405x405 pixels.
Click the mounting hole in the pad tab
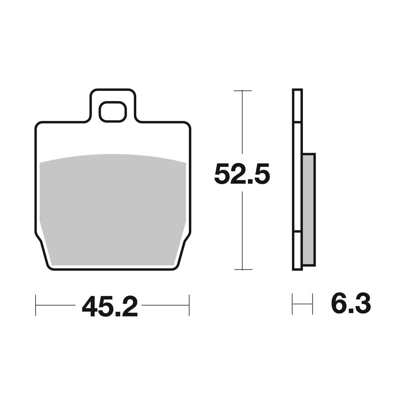point(113,112)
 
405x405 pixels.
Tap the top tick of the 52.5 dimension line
point(243,91)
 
